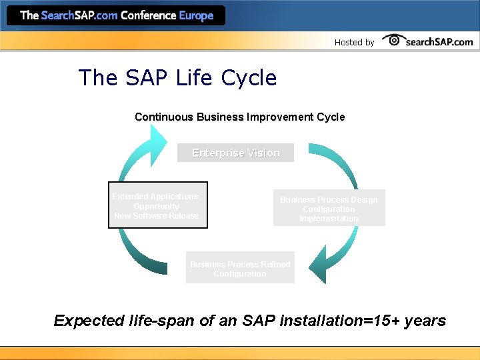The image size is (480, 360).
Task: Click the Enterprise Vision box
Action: (x=235, y=153)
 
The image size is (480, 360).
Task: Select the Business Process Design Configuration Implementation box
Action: (x=329, y=209)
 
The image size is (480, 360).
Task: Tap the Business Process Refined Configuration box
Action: (x=240, y=269)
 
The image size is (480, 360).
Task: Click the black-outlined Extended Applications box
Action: (x=158, y=205)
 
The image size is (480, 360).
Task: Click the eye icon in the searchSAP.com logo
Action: (x=393, y=40)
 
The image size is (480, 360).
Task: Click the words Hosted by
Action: (x=354, y=42)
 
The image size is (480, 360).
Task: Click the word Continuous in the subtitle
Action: (x=164, y=117)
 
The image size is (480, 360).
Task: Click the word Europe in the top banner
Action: (x=196, y=15)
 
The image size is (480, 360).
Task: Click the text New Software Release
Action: (x=157, y=215)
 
